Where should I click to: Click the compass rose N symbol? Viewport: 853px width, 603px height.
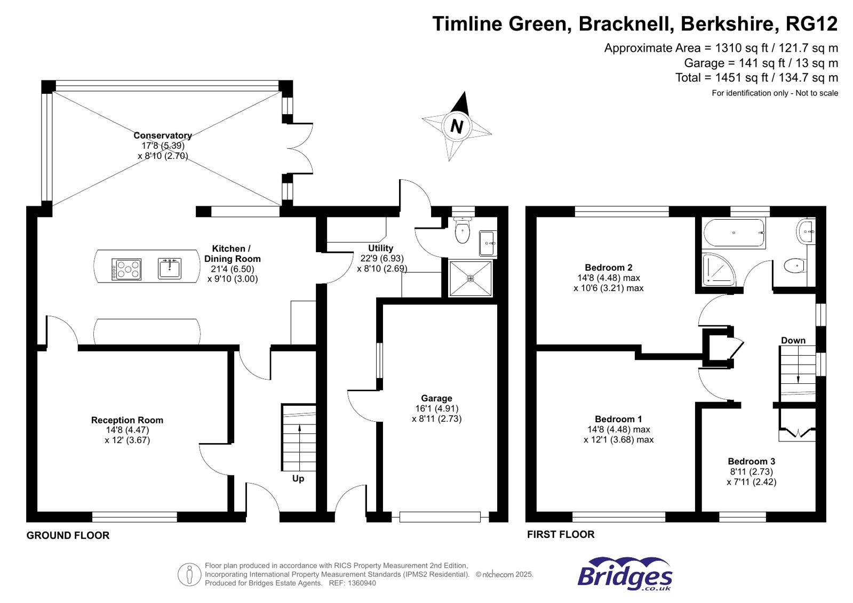coord(456,126)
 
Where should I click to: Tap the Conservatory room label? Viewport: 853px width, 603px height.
coord(163,135)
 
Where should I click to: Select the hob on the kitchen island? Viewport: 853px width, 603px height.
coord(126,269)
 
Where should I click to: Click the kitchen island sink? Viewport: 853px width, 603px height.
coord(170,268)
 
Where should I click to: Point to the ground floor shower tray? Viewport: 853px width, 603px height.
coord(471,278)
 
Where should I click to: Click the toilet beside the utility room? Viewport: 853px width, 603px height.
coord(463,230)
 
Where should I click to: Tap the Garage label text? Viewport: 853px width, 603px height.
coord(436,398)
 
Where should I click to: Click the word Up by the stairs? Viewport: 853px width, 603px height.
coord(298,479)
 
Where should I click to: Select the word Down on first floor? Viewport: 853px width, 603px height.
coord(793,341)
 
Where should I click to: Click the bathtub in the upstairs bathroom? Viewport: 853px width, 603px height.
coord(734,233)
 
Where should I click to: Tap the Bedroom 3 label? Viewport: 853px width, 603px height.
coord(751,462)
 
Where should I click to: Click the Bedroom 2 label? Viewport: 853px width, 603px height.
coord(609,268)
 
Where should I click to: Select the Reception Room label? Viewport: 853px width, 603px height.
coord(127,420)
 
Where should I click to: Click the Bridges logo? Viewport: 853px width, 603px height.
coord(625,575)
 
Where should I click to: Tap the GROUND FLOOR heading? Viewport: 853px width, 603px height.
coord(68,535)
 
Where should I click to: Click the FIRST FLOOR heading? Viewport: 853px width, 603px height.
coord(561,534)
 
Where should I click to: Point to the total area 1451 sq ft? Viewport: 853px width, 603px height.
coord(756,78)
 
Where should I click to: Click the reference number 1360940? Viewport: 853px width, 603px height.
coord(363,583)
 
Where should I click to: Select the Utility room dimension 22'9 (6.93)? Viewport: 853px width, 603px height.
coord(382,259)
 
